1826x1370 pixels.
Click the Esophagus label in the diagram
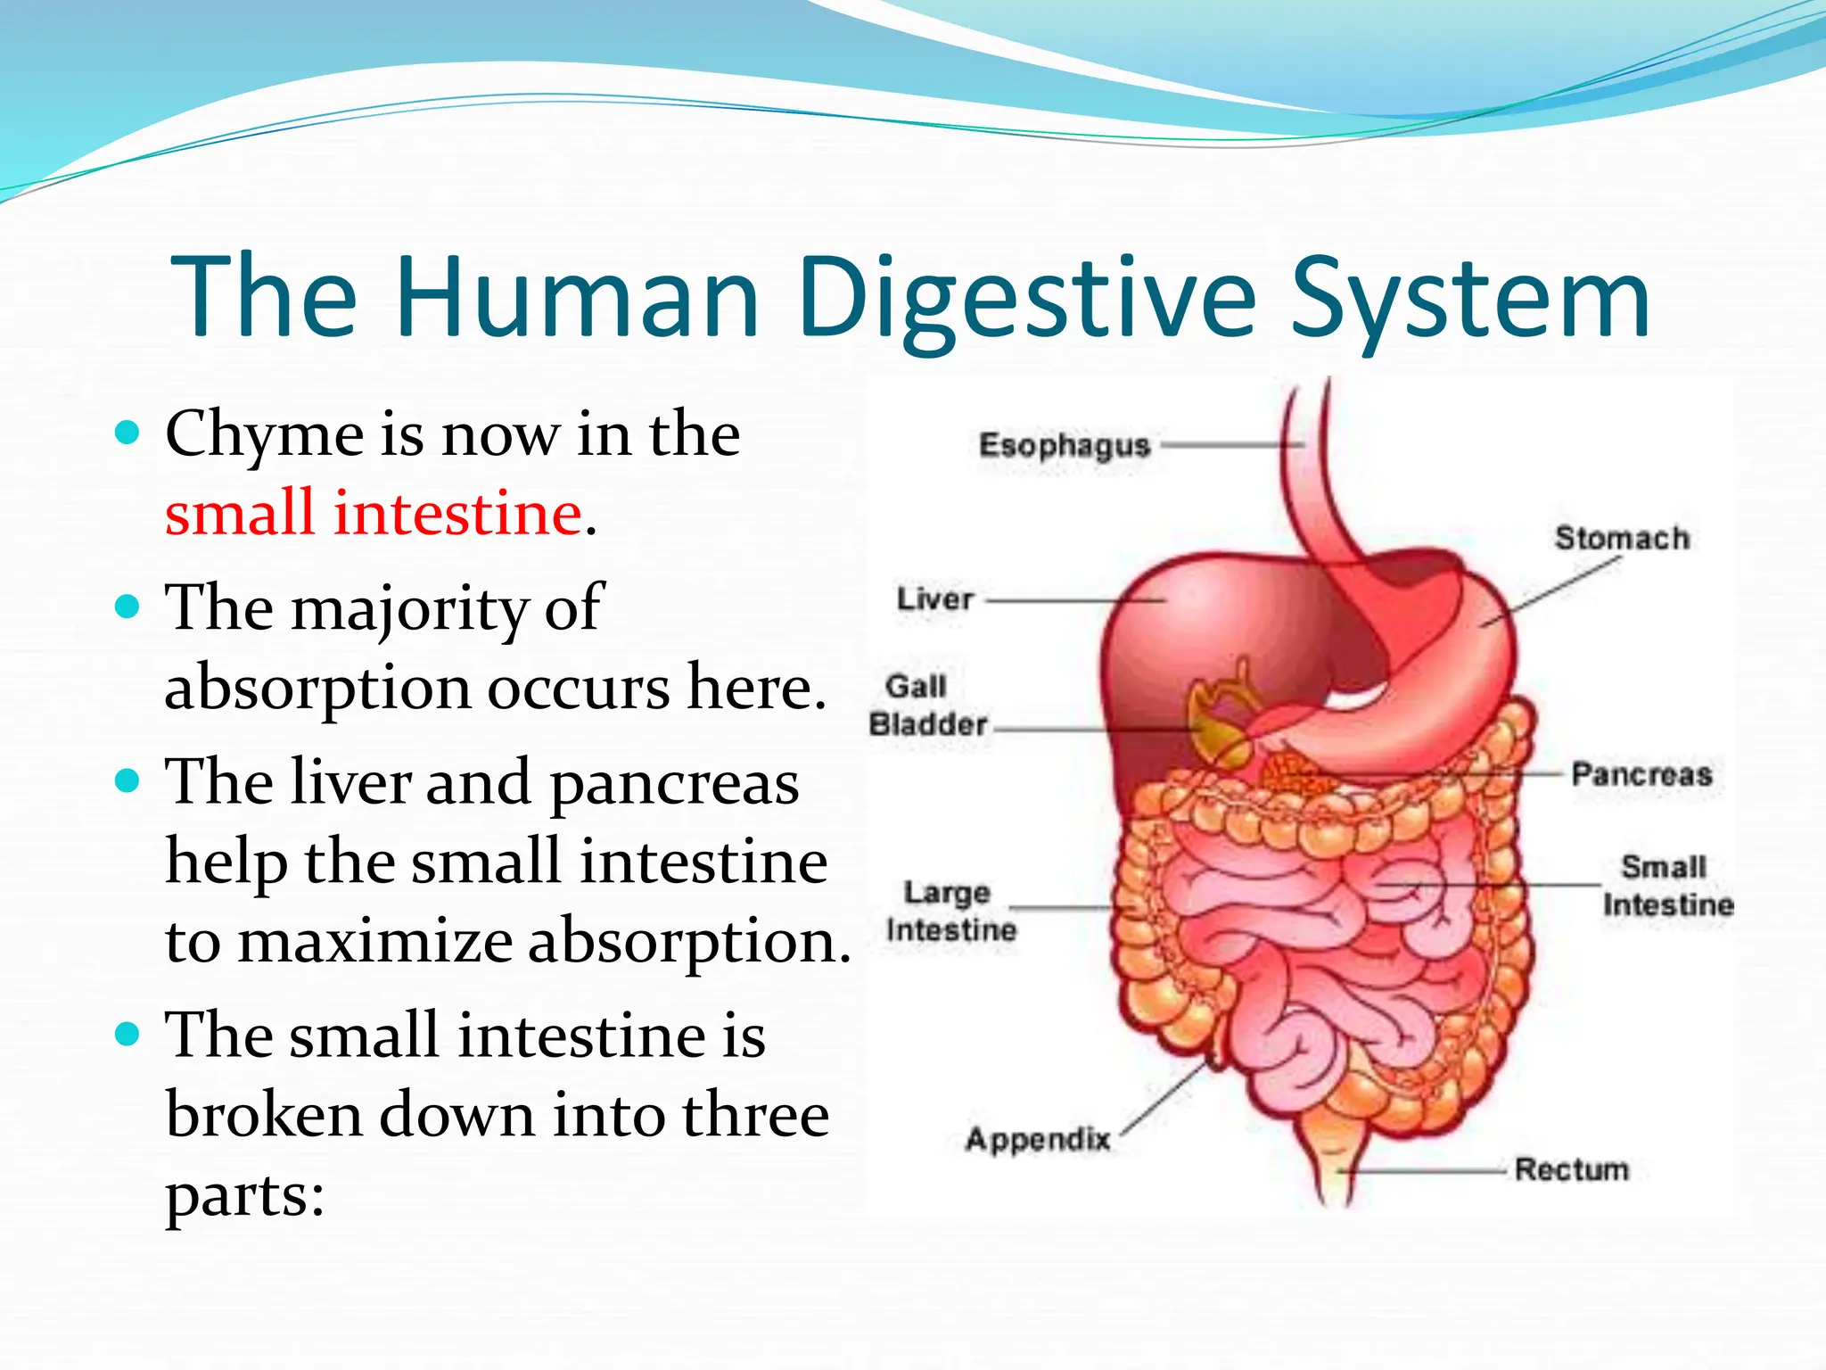[x=1064, y=445]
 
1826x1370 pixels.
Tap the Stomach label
[x=1622, y=539]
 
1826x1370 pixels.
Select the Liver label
[x=935, y=599]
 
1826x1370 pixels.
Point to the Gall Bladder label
[x=927, y=706]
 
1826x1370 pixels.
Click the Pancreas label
[x=1641, y=774]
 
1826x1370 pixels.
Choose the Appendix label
[x=1038, y=1139]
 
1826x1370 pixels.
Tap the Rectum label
[x=1571, y=1169]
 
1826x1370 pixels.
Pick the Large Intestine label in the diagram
[x=950, y=911]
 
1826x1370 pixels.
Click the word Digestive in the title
[x=1025, y=299]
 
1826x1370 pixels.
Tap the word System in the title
[x=1470, y=299]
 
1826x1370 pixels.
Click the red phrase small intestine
[x=374, y=514]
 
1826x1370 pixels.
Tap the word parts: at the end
[x=245, y=1197]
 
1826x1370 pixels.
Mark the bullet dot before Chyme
[x=128, y=433]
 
